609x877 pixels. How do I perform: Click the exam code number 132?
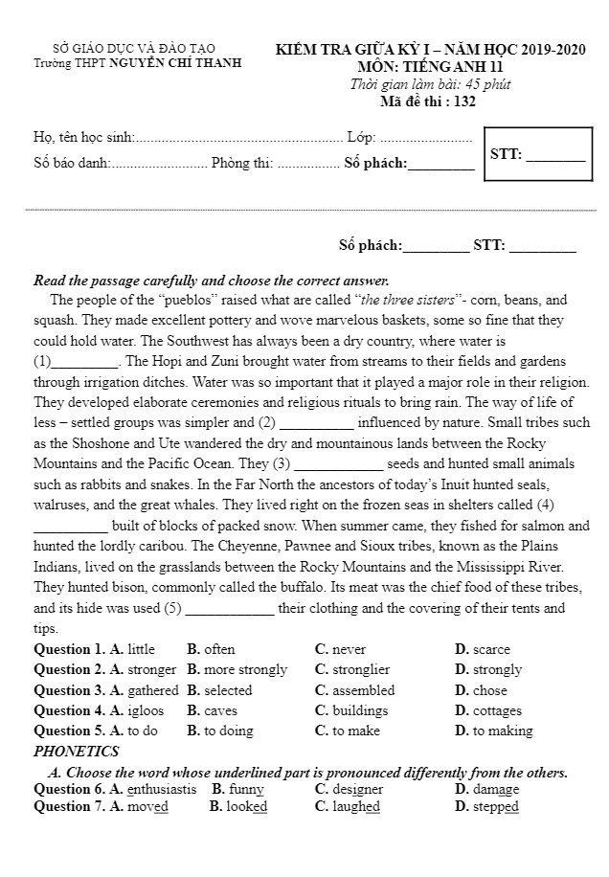[464, 101]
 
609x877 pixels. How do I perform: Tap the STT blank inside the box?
[555, 155]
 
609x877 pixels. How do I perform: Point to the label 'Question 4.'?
[69, 710]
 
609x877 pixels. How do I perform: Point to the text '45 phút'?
[485, 84]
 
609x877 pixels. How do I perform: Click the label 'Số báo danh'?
[71, 163]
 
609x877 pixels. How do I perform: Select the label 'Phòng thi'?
[242, 163]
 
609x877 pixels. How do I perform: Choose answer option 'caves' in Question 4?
[212, 710]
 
